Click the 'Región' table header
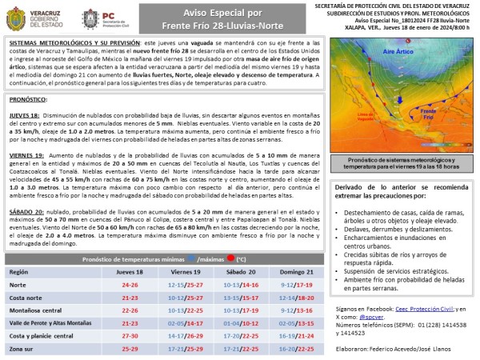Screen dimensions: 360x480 click(18, 272)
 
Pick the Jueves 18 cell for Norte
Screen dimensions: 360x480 click(129, 284)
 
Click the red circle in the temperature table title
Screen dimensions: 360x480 click(231, 259)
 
